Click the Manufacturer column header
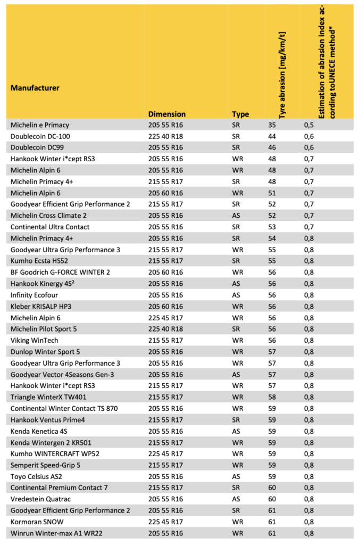point(35,88)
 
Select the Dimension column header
point(166,114)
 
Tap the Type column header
point(240,114)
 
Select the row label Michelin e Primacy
point(40,125)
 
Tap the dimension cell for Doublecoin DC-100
point(167,136)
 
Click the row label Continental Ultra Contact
point(50,227)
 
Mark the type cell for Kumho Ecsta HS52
point(237,261)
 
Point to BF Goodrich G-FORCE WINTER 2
point(60,272)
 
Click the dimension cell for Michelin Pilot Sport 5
point(167,329)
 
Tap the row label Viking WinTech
point(35,341)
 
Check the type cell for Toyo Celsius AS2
point(237,476)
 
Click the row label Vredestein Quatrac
point(40,499)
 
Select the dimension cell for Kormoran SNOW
point(167,522)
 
